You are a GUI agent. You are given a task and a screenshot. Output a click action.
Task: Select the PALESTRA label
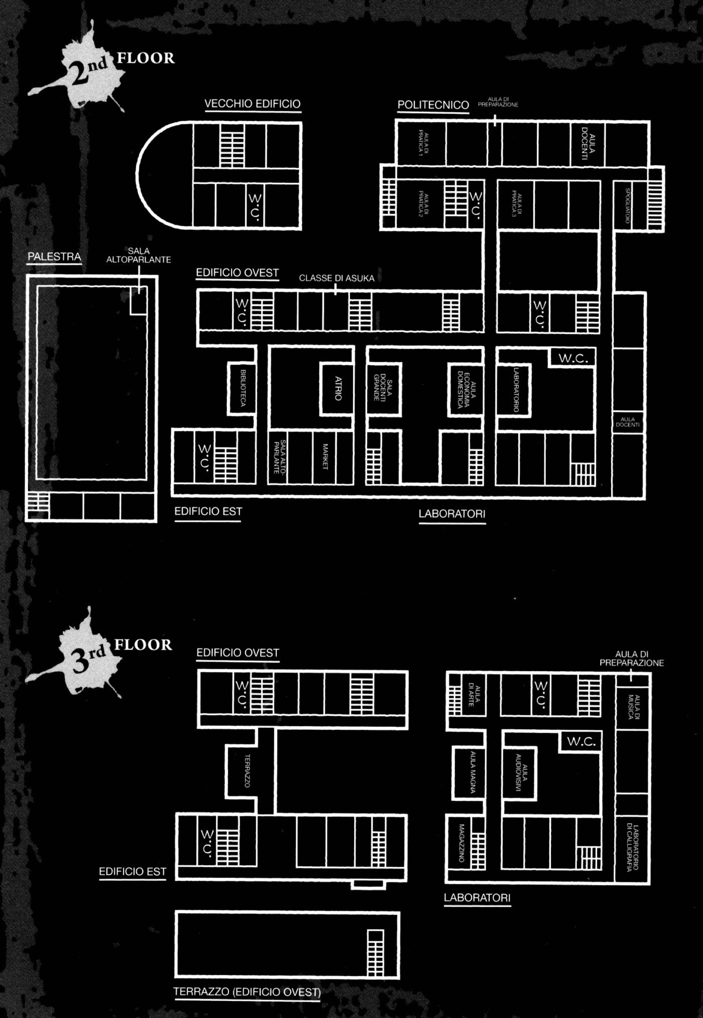click(x=54, y=257)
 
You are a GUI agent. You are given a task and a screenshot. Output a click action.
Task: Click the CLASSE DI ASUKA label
click(x=336, y=278)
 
